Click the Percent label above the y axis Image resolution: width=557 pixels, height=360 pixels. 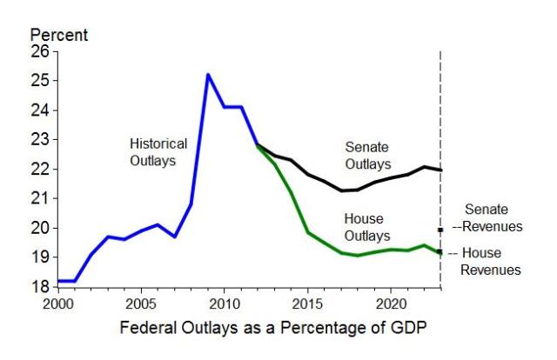[x=59, y=36]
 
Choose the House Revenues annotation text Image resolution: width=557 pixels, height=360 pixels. [x=489, y=261]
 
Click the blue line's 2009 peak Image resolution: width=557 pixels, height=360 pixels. [x=207, y=75]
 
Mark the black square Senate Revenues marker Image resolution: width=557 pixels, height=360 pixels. [x=441, y=230]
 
